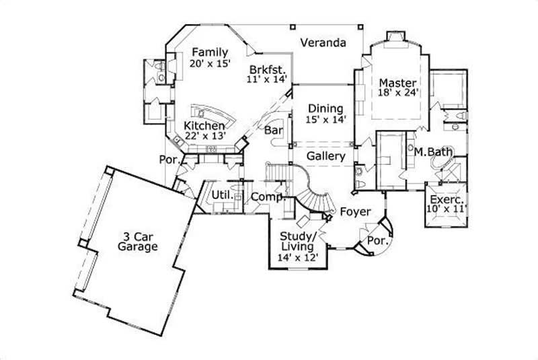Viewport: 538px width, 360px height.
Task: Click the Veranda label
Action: coord(323,43)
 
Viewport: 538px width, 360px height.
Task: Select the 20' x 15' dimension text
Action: coord(210,64)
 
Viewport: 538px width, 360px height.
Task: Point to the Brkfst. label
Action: coord(268,69)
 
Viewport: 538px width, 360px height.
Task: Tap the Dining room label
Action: coord(325,108)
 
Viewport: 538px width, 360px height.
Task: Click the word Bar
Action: coord(273,130)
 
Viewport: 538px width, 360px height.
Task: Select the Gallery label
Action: coord(325,156)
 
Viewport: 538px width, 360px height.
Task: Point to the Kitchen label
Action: coord(204,125)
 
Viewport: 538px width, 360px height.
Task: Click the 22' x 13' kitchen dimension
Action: coord(204,135)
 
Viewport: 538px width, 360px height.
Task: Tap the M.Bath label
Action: coord(432,152)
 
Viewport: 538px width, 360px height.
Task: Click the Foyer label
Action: coord(354,212)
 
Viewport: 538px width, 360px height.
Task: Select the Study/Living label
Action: coord(297,242)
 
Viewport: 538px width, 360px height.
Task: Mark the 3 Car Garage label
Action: coord(139,241)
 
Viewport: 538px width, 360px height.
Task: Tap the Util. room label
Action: coord(222,195)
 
